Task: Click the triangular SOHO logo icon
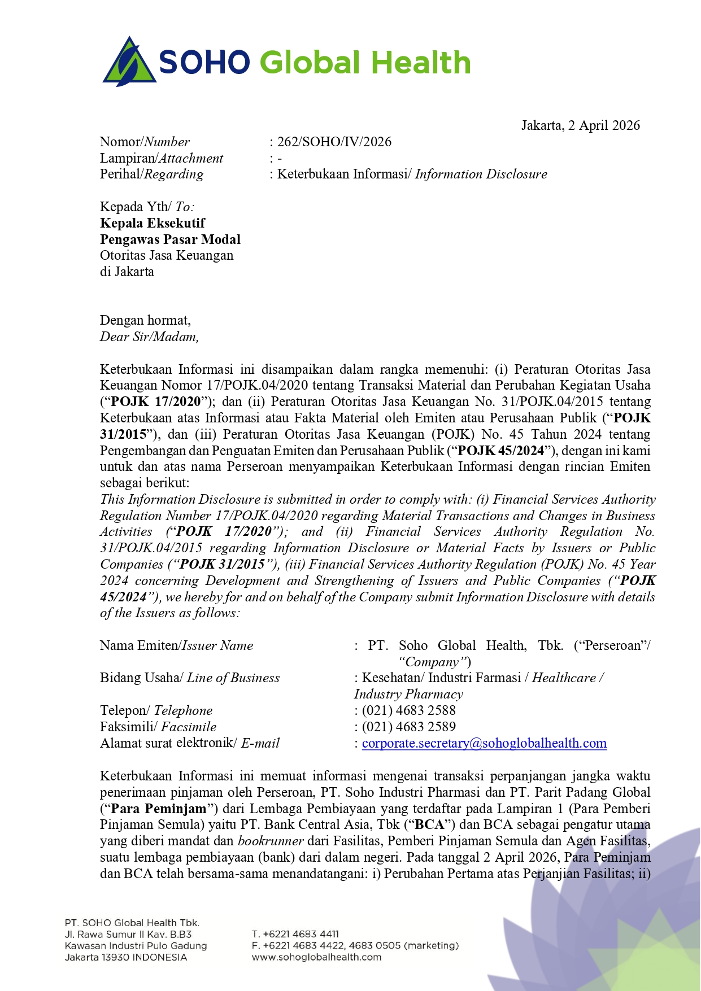click(x=129, y=62)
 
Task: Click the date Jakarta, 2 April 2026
click(x=580, y=125)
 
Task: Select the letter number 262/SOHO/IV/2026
click(x=334, y=142)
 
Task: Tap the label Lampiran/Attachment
click(x=162, y=158)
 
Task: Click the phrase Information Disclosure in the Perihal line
click(x=481, y=174)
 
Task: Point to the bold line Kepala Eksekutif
click(x=153, y=223)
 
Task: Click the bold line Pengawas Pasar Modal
click(x=170, y=239)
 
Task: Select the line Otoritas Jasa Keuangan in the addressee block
click(x=167, y=255)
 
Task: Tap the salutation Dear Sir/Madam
click(x=149, y=337)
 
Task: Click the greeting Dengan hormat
click(x=145, y=320)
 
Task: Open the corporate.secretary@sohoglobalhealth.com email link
click(x=484, y=743)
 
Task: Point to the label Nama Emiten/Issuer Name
click(x=176, y=645)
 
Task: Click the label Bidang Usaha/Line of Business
click(x=190, y=678)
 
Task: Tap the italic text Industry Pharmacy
click(x=408, y=694)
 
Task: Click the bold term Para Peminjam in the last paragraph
click(x=159, y=809)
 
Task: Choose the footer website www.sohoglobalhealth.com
click(x=316, y=957)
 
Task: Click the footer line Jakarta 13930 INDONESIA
click(x=125, y=957)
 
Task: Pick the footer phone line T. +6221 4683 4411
click(x=295, y=934)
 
